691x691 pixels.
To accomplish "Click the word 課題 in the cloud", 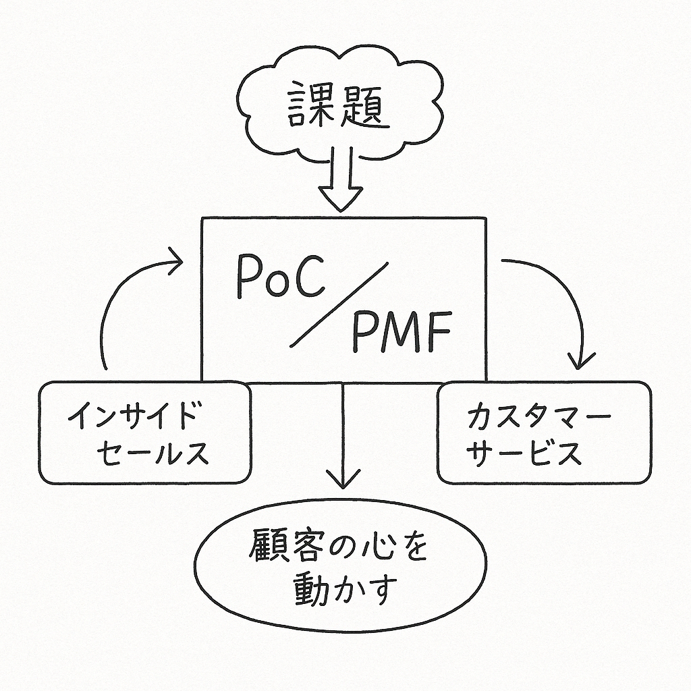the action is point(339,105).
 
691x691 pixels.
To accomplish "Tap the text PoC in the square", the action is point(281,277).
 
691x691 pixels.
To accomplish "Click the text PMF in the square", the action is point(402,331).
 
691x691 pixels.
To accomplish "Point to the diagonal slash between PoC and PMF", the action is point(339,305).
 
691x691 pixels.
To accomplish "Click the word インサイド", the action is point(132,415).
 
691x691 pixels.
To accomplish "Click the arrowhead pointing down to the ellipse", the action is point(343,479).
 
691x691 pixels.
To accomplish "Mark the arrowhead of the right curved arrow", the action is point(581,360).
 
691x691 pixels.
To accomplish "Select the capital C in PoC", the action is point(310,277).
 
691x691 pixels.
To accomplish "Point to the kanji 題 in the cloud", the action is point(365,105).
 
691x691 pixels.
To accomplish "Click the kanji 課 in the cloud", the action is point(312,105).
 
